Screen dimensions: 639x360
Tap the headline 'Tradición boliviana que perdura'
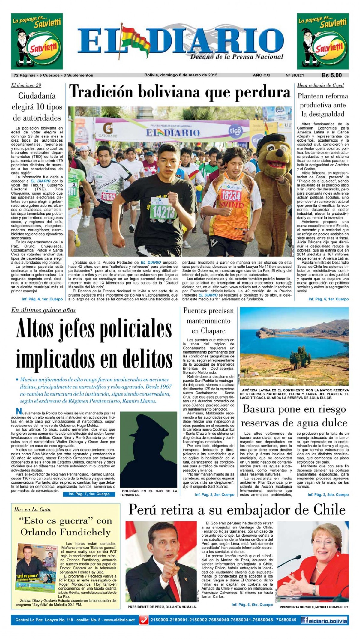pyautogui.click(x=180, y=92)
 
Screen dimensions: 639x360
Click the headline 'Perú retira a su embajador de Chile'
pyautogui.click(x=237, y=509)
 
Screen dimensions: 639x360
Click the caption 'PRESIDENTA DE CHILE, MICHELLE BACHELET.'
pyautogui.click(x=314, y=607)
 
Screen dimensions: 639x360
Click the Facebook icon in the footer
pyautogui.click(x=305, y=620)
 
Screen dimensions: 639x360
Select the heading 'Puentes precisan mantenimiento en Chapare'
pyautogui.click(x=208, y=321)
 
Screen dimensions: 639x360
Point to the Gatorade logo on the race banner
pyautogui.click(x=106, y=130)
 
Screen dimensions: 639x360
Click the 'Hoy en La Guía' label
pyautogui.click(x=32, y=509)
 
